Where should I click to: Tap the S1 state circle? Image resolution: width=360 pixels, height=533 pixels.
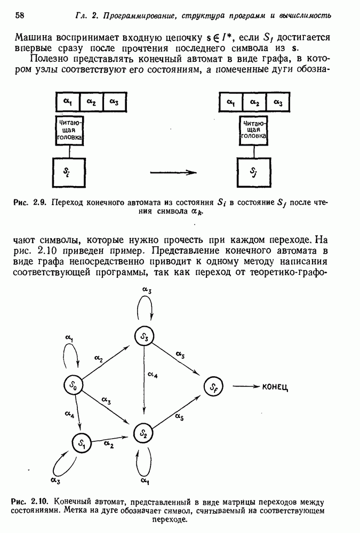click(81, 442)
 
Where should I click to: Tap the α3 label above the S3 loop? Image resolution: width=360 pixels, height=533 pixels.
click(147, 290)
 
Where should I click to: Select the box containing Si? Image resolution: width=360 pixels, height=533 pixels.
click(69, 172)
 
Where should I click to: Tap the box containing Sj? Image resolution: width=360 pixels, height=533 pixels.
click(253, 172)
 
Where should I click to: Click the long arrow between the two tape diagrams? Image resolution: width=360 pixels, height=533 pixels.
click(174, 172)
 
